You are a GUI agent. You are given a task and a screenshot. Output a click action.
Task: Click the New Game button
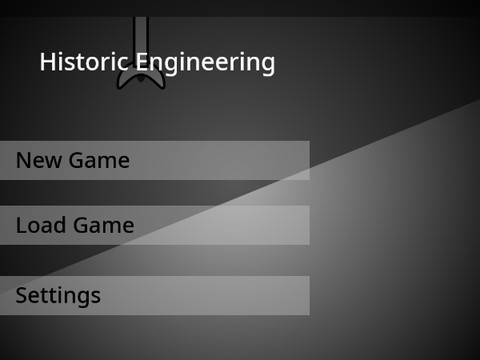coord(154,160)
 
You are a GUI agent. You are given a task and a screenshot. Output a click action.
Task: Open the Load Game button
coord(154,225)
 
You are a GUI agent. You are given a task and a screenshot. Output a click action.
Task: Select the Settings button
coord(154,296)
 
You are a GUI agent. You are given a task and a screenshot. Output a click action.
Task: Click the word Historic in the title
coord(84,62)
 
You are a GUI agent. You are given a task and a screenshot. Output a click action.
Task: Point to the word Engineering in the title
coord(205,62)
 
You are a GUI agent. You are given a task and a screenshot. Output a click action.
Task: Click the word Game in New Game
coord(98,160)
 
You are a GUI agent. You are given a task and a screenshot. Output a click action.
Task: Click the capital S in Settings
coord(22,296)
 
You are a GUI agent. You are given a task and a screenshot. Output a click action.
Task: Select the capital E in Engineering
coord(141,62)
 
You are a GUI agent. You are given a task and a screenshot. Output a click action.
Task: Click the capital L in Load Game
coord(21,225)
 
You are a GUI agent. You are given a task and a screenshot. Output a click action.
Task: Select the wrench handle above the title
coord(141,30)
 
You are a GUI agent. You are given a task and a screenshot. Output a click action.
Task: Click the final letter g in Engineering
coord(267,65)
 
